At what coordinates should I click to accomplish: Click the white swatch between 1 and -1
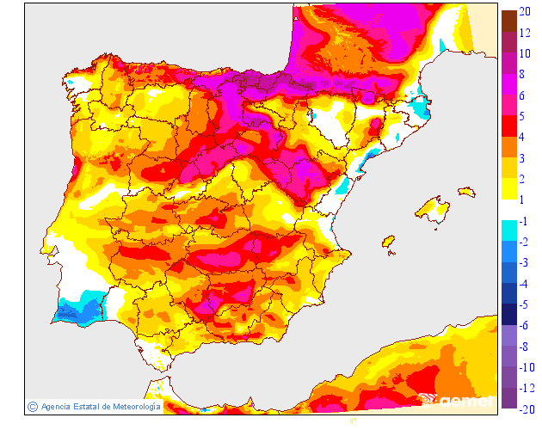point(509,210)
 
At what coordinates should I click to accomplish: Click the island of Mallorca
point(433,211)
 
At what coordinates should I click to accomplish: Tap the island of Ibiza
point(388,243)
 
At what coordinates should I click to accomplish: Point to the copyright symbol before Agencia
point(31,406)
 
